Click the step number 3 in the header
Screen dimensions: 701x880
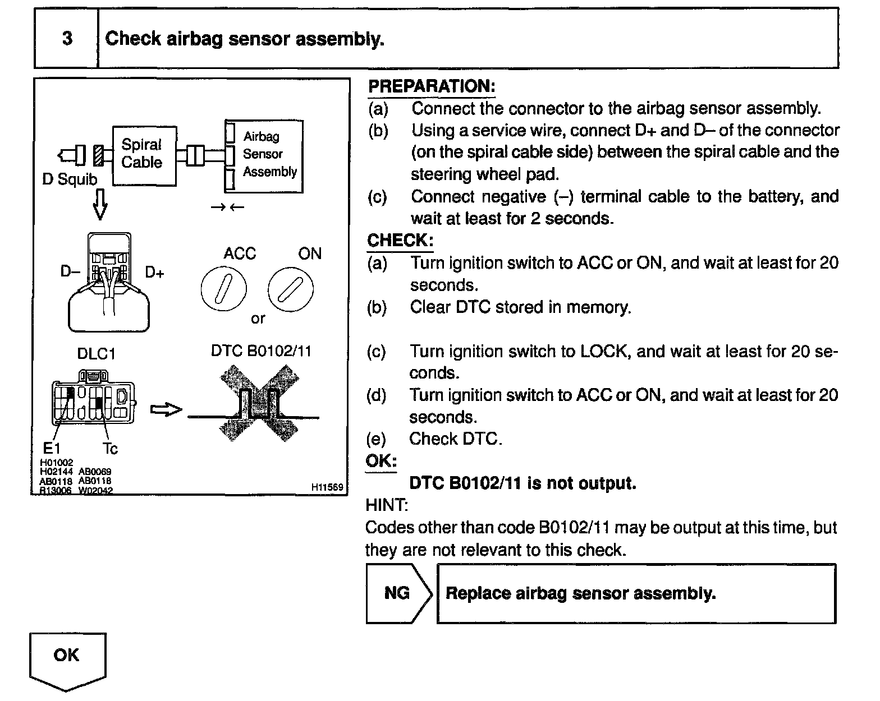tap(67, 38)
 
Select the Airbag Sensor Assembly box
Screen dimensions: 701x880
tap(264, 155)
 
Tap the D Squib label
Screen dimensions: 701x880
tap(70, 179)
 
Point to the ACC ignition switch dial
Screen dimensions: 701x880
tap(223, 289)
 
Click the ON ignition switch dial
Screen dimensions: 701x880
tap(290, 289)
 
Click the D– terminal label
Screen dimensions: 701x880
tap(71, 272)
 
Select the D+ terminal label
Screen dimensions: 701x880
tap(154, 273)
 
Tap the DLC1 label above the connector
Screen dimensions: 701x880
tap(96, 354)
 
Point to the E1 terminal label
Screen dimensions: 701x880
tap(51, 449)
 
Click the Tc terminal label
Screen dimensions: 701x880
tap(110, 449)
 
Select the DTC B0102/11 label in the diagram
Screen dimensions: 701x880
tap(260, 351)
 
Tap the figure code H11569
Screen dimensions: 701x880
tap(327, 487)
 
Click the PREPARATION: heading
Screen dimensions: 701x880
tap(431, 86)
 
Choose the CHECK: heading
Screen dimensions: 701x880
tap(400, 241)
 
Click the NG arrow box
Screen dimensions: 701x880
tap(397, 593)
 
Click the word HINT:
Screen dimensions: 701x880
tap(386, 505)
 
